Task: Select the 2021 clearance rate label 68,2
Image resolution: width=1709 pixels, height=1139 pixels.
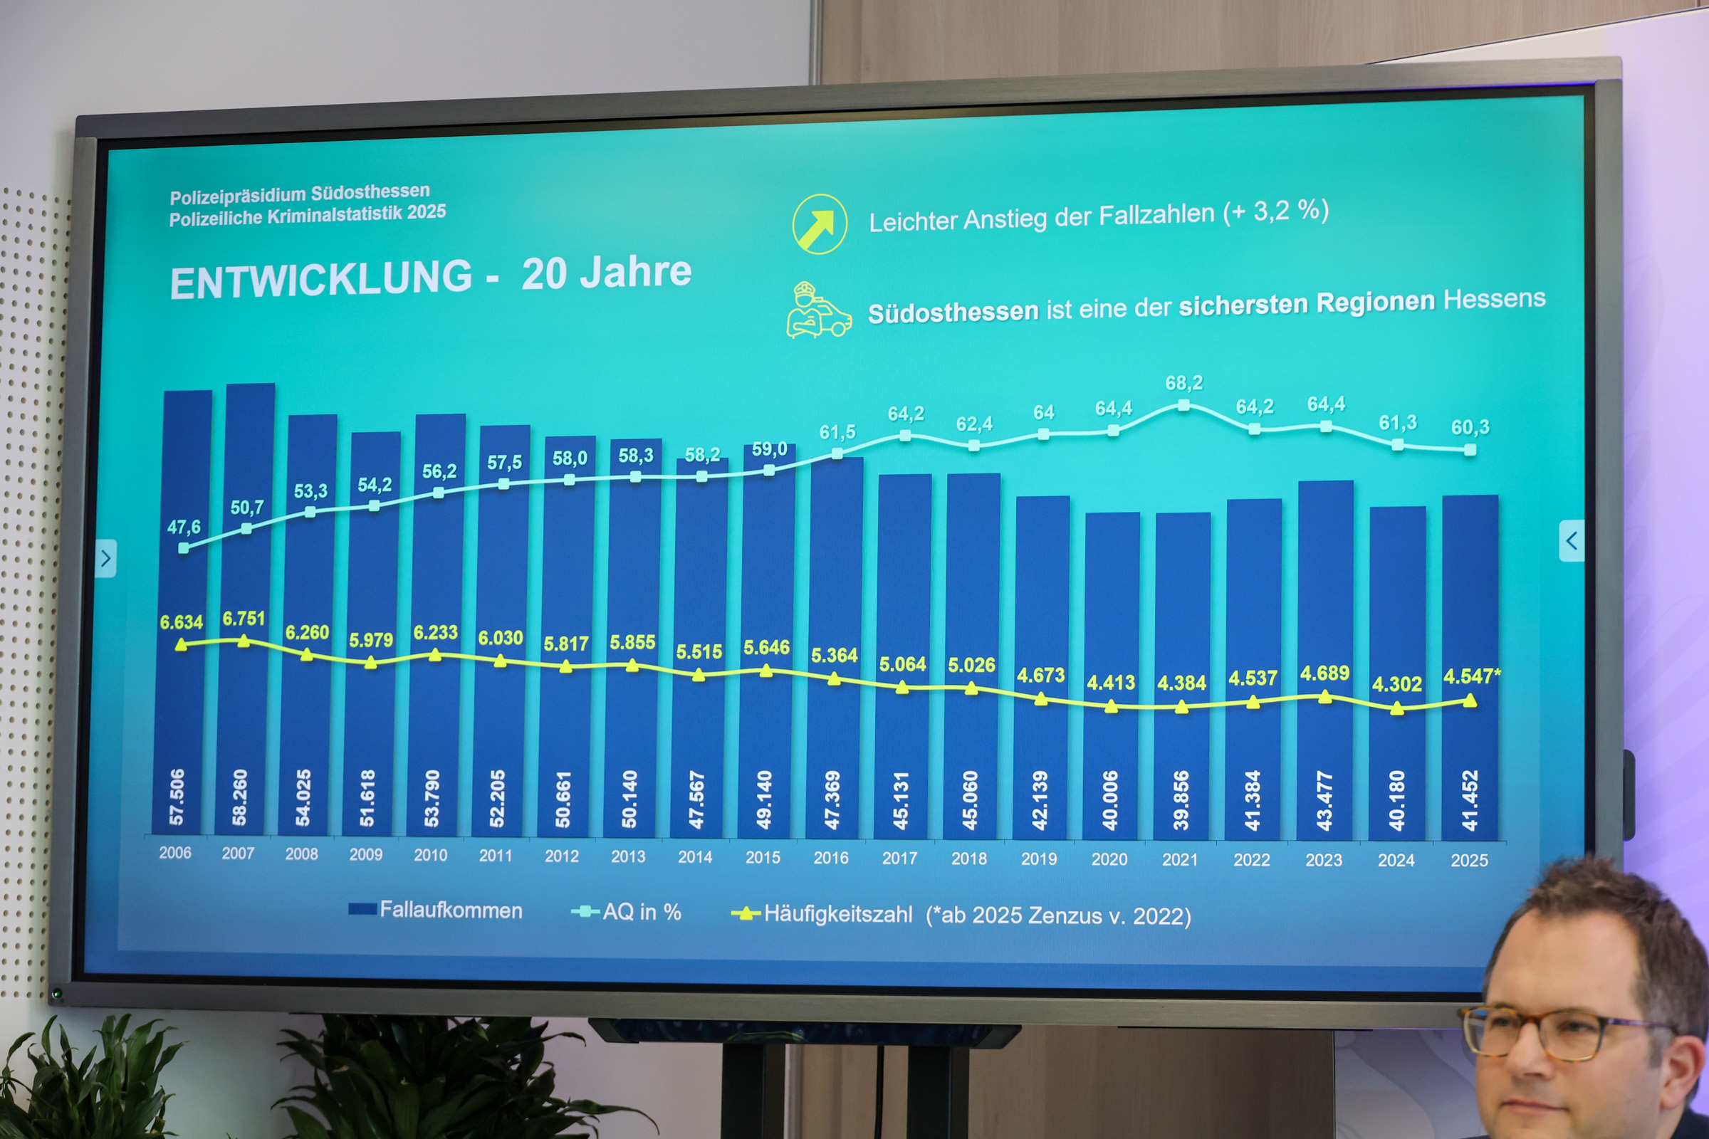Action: point(1183,383)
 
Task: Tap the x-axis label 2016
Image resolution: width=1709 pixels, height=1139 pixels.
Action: point(830,858)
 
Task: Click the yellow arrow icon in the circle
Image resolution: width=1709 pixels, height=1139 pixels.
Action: point(820,224)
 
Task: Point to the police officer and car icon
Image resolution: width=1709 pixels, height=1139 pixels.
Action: point(818,310)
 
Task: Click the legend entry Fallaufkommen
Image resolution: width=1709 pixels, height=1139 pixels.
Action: point(435,910)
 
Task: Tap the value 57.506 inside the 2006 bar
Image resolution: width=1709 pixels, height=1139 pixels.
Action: point(177,797)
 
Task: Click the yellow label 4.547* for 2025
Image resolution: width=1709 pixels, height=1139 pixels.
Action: point(1471,676)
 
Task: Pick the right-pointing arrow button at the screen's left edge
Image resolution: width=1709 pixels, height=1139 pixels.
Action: point(106,558)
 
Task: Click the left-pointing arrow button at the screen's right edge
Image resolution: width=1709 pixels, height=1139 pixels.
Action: point(1571,540)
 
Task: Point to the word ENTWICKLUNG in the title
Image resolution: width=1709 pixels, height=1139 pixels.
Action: point(320,280)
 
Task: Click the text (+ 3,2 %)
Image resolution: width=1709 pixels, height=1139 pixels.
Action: point(1276,211)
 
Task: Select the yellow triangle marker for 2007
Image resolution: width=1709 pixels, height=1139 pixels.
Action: point(244,641)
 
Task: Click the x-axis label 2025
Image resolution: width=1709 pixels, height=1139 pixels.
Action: point(1468,861)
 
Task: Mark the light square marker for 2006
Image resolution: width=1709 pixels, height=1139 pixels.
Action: point(183,548)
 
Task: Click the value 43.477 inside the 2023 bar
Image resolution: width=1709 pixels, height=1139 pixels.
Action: point(1324,800)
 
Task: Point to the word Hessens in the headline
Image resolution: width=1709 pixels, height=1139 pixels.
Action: point(1495,299)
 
